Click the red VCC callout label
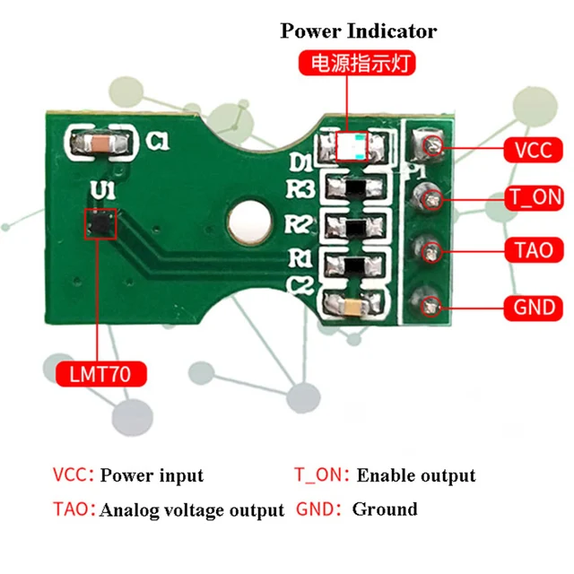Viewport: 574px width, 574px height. click(533, 149)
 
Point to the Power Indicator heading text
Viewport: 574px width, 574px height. click(359, 31)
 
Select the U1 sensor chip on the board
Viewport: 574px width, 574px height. click(100, 223)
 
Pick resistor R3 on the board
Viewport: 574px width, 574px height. click(356, 189)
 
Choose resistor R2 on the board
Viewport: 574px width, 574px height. click(356, 226)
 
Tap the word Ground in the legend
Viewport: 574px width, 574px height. click(385, 509)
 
